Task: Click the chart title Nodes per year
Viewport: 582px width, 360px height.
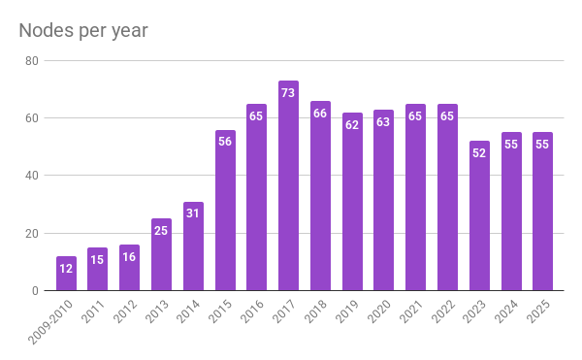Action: click(83, 30)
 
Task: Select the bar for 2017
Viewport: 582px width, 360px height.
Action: click(288, 185)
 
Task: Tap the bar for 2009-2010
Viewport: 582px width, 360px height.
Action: click(66, 274)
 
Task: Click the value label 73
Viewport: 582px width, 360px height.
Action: click(288, 93)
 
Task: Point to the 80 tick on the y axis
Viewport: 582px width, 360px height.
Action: click(32, 61)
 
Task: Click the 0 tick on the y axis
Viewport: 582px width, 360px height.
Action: click(35, 291)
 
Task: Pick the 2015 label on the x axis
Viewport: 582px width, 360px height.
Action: click(220, 311)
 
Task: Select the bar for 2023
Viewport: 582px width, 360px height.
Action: click(479, 215)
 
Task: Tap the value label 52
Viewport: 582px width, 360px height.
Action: click(479, 153)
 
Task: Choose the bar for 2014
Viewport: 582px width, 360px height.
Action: click(193, 246)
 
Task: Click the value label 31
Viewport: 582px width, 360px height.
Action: click(193, 213)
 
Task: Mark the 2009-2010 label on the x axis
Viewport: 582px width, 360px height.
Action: click(50, 322)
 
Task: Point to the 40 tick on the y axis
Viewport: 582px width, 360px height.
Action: click(32, 176)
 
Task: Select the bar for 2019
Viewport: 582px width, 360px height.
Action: click(352, 202)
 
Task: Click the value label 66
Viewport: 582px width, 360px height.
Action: click(320, 114)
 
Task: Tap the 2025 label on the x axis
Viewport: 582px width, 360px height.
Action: click(538, 311)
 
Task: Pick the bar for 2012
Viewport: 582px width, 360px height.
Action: click(130, 268)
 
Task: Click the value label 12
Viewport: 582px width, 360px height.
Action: click(66, 269)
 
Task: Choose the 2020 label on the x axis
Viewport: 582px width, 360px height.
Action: click(379, 311)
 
